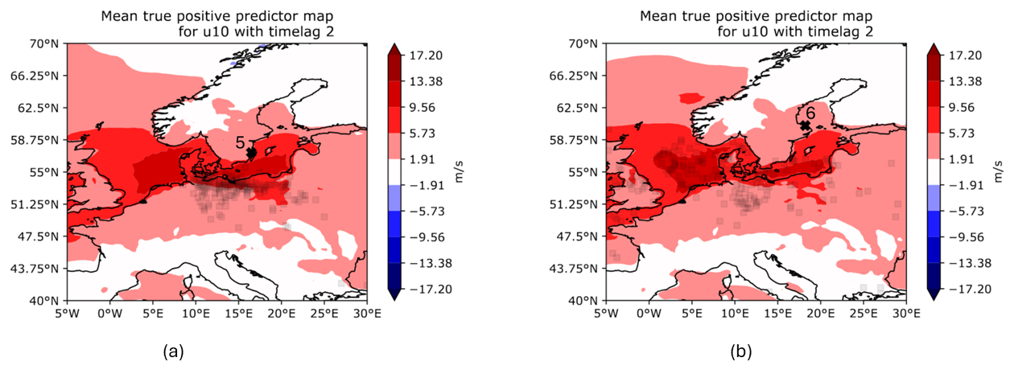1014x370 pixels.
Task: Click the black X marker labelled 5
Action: (x=251, y=152)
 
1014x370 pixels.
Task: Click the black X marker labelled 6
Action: (x=805, y=126)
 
